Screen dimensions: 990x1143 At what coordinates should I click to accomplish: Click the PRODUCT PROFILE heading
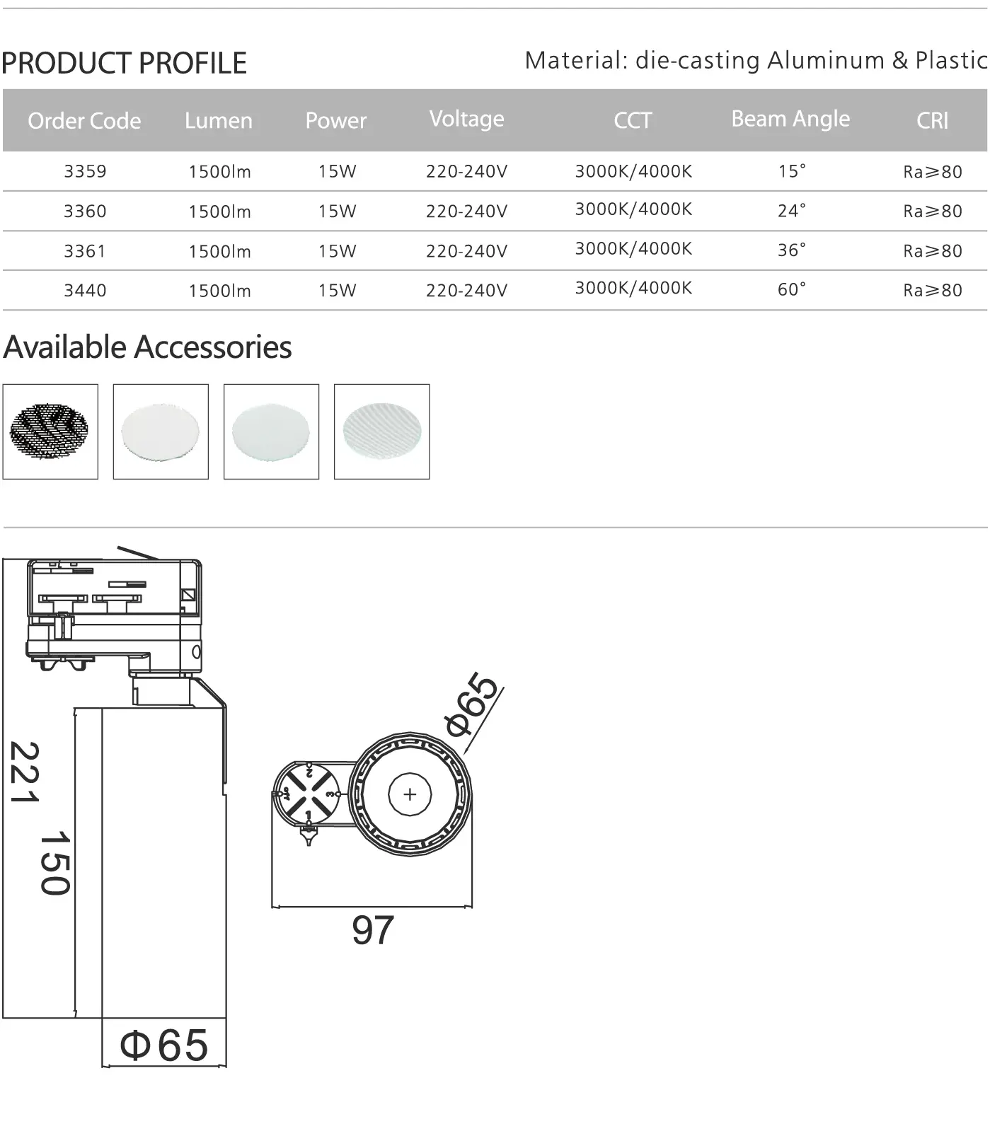click(x=124, y=63)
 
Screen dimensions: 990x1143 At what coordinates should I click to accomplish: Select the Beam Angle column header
click(x=790, y=120)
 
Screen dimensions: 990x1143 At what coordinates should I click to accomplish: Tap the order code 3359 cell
click(x=85, y=171)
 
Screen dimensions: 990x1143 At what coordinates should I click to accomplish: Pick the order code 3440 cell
click(x=85, y=290)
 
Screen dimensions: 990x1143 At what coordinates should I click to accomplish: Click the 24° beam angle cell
click(x=791, y=211)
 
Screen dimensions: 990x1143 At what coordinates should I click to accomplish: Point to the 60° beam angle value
click(x=791, y=290)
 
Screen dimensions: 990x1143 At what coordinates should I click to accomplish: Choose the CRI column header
click(x=932, y=121)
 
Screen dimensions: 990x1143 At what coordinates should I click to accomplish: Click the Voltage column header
click(x=466, y=119)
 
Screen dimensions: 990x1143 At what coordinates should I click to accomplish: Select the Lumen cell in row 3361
click(x=219, y=251)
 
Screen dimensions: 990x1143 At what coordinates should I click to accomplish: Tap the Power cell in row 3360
click(x=337, y=211)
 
